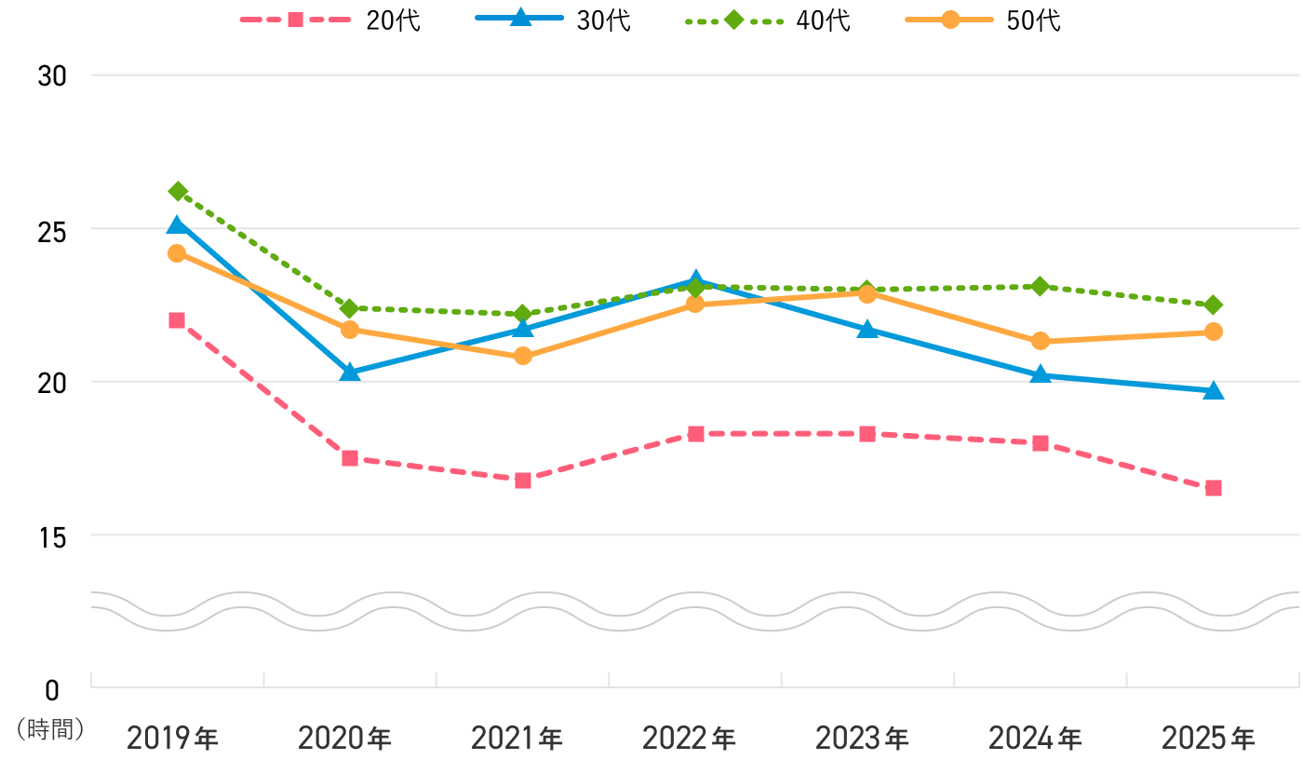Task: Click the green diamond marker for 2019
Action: pyautogui.click(x=177, y=191)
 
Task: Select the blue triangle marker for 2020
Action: pyautogui.click(x=350, y=372)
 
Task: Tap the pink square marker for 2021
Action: pyautogui.click(x=523, y=481)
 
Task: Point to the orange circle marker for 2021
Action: pyautogui.click(x=523, y=356)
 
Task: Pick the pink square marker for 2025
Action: pyautogui.click(x=1214, y=488)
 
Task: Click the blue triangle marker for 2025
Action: pyautogui.click(x=1214, y=390)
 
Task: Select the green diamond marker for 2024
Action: pyautogui.click(x=1041, y=286)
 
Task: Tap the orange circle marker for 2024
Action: pyautogui.click(x=1041, y=341)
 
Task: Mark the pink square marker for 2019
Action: pyautogui.click(x=177, y=320)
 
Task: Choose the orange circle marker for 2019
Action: pyautogui.click(x=177, y=253)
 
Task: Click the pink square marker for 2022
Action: pyautogui.click(x=696, y=434)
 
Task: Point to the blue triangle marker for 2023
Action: pyautogui.click(x=867, y=329)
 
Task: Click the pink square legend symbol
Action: pyautogui.click(x=295, y=20)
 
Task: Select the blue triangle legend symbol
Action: pyautogui.click(x=520, y=18)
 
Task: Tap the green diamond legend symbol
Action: pyautogui.click(x=733, y=20)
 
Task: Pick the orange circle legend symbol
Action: pyautogui.click(x=949, y=20)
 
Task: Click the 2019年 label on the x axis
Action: pyautogui.click(x=173, y=739)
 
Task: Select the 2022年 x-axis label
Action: pyautogui.click(x=690, y=739)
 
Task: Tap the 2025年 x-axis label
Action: pyautogui.click(x=1209, y=739)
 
